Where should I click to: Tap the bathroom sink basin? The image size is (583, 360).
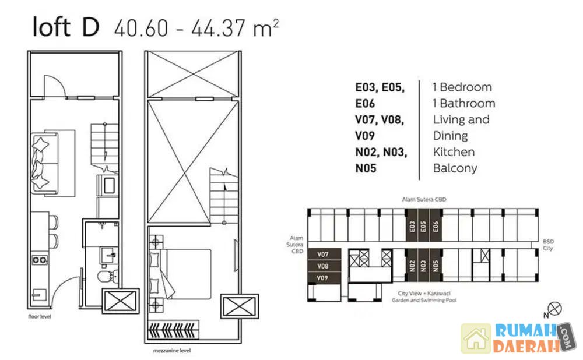[109, 256]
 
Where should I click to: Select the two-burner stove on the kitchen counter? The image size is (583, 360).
[40, 260]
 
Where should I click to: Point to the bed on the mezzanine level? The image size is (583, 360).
[180, 274]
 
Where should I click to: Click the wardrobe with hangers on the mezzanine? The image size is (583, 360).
[173, 329]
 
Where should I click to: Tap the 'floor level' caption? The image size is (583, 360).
[40, 316]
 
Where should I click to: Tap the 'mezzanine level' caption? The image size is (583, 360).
[172, 350]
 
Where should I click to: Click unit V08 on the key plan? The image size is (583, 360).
[323, 266]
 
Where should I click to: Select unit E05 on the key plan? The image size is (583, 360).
[423, 225]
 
